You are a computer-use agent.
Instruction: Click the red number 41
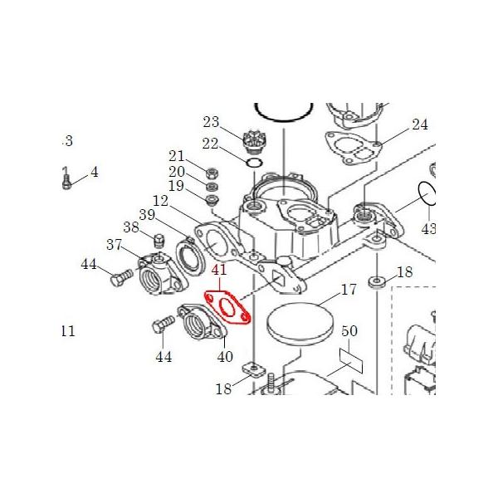tap(219, 271)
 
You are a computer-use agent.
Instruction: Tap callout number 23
tap(210, 121)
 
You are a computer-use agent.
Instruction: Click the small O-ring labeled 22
tap(255, 162)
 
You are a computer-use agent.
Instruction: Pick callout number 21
tap(177, 156)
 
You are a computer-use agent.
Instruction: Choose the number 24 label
tap(420, 125)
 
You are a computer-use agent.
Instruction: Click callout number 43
tap(428, 227)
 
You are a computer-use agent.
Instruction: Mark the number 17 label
tap(349, 290)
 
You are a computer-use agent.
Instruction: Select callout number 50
tap(349, 331)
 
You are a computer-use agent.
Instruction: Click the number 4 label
tap(94, 173)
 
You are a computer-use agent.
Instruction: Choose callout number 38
tap(131, 227)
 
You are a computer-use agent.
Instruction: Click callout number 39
tap(148, 215)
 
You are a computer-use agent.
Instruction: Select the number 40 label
tap(224, 357)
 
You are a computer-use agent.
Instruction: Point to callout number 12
tap(160, 201)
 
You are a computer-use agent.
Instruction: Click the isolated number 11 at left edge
tap(67, 331)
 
